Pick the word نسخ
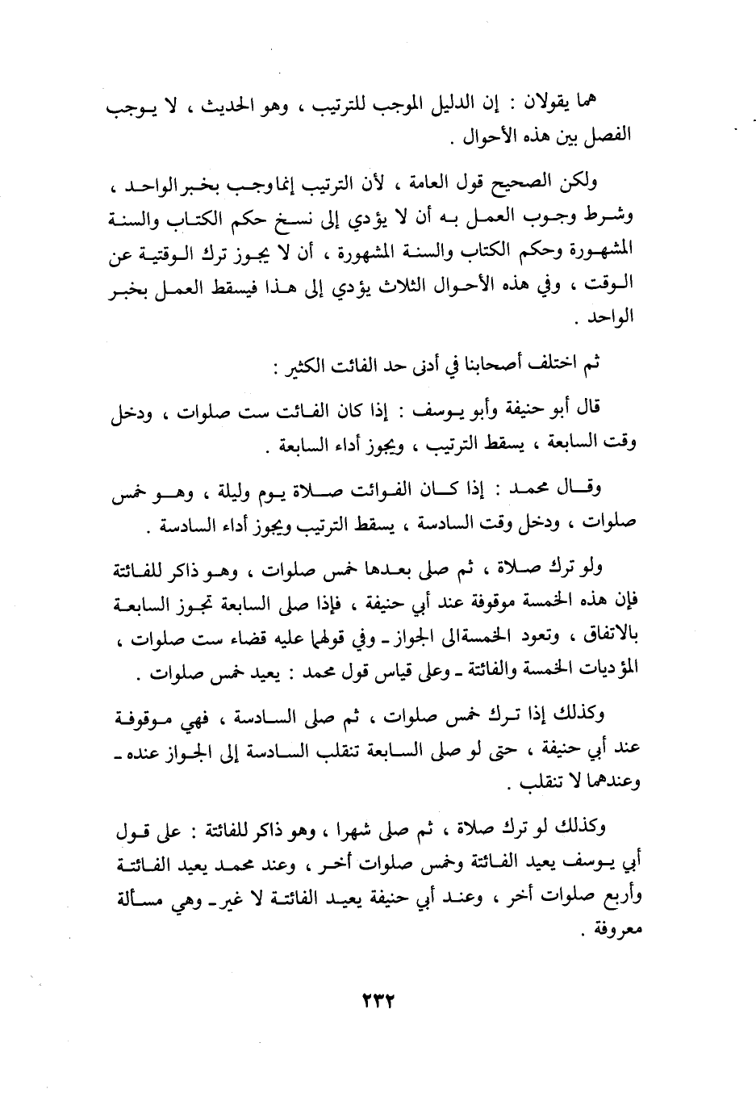click(311, 217)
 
